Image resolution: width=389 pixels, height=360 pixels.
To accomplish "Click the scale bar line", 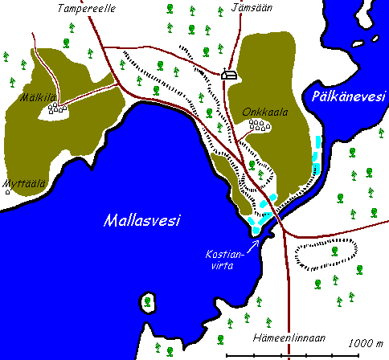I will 305,354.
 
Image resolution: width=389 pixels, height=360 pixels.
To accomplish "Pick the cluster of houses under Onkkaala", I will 257,125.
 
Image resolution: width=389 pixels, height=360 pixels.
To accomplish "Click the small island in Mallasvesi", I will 148,303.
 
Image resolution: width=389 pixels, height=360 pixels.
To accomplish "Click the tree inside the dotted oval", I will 334,251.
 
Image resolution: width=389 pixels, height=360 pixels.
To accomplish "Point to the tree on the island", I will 148,302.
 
